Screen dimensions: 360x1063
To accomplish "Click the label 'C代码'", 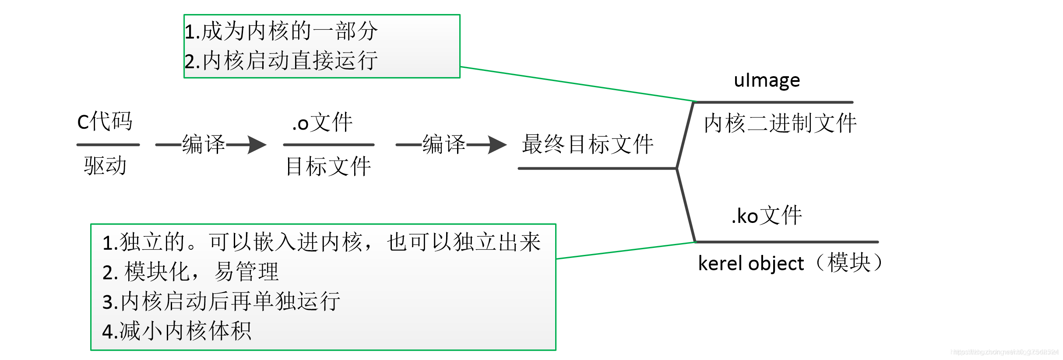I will coord(105,122).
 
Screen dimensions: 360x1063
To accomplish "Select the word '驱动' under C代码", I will coord(106,166).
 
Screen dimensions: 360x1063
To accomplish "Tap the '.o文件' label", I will coord(323,123).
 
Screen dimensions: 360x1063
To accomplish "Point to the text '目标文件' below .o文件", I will coord(328,166).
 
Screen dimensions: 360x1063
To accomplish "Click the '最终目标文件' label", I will coord(588,145).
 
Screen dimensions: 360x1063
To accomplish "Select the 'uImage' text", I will coord(767,80).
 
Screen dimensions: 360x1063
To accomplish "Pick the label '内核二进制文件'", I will coord(780,123).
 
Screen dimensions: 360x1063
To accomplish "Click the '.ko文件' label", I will coord(767,216).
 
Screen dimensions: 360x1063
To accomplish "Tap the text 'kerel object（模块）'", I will coord(790,263).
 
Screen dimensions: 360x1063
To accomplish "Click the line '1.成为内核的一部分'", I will coord(281,31).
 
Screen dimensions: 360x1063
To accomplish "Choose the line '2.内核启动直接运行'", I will coord(281,61).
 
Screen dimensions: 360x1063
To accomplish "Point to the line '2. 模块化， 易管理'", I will coord(190,272).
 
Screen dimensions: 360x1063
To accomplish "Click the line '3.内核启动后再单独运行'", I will coord(221,302).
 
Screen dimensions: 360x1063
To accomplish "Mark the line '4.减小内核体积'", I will coord(177,331).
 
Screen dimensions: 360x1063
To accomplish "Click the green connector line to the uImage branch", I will coord(578,84).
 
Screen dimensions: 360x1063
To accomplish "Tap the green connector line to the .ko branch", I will coord(626,251).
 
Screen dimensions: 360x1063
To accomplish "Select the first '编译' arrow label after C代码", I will coord(204,145).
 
